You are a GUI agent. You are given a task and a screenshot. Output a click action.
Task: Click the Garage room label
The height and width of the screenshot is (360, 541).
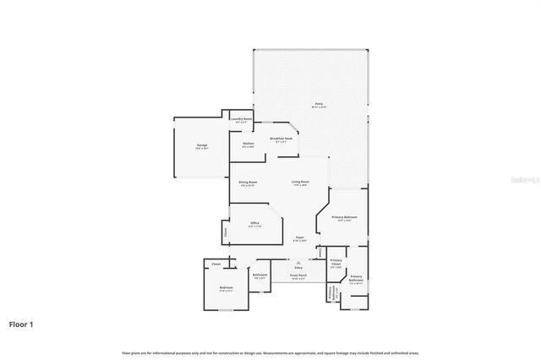(x=202, y=145)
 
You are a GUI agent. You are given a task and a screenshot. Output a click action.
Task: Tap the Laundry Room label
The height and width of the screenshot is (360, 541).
(x=241, y=119)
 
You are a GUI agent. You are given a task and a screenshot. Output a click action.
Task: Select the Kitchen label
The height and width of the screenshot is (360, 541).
(x=249, y=144)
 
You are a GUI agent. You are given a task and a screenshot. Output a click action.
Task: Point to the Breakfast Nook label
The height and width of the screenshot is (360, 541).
(x=281, y=139)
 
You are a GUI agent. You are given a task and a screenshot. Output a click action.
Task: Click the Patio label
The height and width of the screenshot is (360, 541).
(x=319, y=104)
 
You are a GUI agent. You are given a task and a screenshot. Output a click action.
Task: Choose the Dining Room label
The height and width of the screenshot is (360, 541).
(x=248, y=183)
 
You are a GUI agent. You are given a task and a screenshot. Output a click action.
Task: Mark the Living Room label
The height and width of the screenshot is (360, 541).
(x=300, y=183)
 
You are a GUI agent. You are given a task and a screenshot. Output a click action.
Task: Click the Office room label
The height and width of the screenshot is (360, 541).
(x=254, y=223)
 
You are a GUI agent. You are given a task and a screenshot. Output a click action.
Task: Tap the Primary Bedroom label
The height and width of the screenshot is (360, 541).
(x=344, y=217)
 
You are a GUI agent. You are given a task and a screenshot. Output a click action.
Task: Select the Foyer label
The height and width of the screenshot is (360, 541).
(x=299, y=237)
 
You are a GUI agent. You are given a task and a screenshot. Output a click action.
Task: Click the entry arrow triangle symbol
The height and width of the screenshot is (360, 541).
(x=298, y=263)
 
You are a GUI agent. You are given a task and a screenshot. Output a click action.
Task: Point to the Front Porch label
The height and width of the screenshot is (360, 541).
(x=298, y=275)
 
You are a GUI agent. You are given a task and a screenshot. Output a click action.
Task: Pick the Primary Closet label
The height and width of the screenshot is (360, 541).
(x=336, y=263)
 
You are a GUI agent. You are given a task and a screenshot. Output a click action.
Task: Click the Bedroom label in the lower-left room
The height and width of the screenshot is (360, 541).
(x=227, y=288)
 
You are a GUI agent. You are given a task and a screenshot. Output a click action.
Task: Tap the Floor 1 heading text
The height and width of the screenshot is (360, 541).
(x=21, y=324)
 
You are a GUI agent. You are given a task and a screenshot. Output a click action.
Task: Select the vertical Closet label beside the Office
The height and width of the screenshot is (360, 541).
(x=226, y=230)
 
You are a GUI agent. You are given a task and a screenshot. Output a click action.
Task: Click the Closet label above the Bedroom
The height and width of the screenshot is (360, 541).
(x=216, y=265)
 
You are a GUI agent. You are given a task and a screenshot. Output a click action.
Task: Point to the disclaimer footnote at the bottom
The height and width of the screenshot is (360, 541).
(x=270, y=352)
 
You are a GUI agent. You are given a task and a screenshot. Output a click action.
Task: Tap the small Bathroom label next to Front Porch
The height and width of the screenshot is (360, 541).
(x=260, y=275)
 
